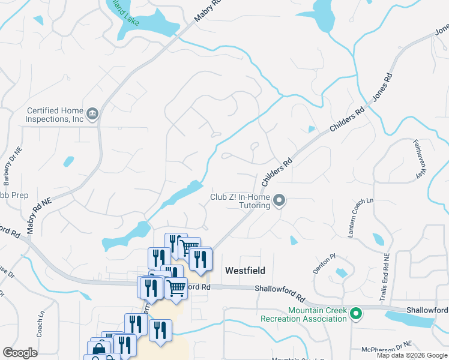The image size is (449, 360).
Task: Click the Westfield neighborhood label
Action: tap(245, 271)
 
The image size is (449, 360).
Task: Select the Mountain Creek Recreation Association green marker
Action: tap(356, 313)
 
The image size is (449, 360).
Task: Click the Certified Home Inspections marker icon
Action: tap(92, 113)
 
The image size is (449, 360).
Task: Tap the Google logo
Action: tap(20, 353)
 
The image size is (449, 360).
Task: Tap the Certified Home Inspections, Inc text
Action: tap(54, 115)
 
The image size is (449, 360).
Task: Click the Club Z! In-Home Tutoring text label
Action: tap(240, 201)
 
